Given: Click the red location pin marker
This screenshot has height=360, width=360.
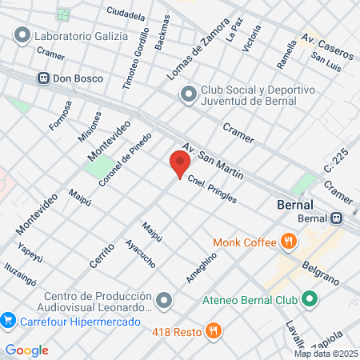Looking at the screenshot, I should coord(179,163).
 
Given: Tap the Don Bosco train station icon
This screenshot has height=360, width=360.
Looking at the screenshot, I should coord(42,78).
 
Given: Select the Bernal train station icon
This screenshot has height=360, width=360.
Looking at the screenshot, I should coord(338,217).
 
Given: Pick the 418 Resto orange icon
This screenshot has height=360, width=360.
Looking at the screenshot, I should coord(213,330).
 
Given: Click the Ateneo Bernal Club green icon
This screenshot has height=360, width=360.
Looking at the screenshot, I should coord(309,300).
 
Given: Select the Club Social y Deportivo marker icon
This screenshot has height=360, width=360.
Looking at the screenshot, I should coord(188,94).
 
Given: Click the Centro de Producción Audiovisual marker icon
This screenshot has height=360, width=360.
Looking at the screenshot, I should coord(165,300).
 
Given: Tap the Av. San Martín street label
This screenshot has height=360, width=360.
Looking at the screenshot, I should coord(212,161).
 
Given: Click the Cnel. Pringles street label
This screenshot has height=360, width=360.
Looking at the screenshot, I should coord(212,190).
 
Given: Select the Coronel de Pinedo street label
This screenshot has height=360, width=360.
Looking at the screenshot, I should coord(125,160).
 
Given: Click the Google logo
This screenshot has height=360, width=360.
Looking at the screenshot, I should coord(26,350).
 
